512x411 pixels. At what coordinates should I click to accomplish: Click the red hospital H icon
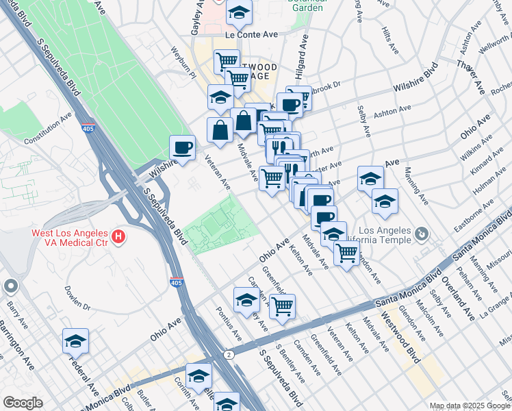point(118,238)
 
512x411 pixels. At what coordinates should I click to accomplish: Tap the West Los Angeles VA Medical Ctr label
point(71,238)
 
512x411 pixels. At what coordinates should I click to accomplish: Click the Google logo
point(22,403)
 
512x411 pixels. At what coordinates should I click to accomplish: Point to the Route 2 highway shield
point(227,354)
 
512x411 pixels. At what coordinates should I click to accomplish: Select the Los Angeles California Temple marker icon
point(422,235)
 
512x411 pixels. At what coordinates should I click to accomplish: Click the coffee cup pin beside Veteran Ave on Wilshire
point(183,148)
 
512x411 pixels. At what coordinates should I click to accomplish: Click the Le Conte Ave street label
point(251,34)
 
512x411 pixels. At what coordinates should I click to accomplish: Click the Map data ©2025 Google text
point(469,406)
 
